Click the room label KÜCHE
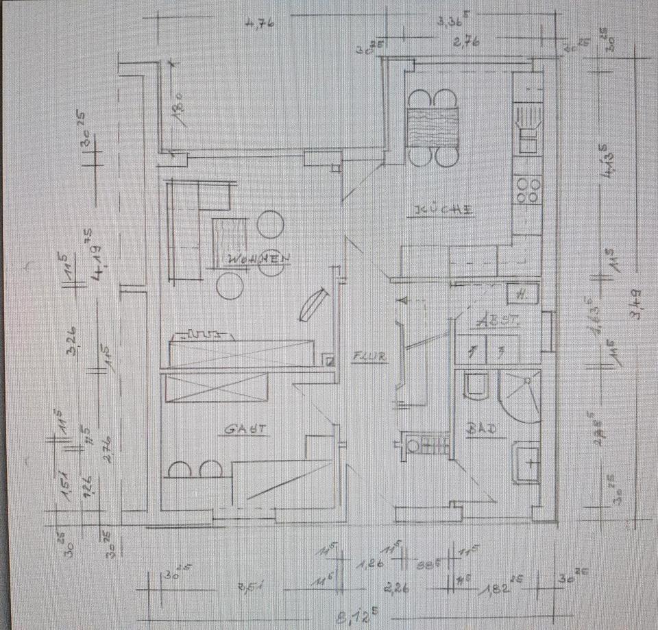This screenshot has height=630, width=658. pyautogui.click(x=439, y=210)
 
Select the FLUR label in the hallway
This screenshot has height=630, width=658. pyautogui.click(x=370, y=356)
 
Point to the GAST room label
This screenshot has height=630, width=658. pyautogui.click(x=245, y=430)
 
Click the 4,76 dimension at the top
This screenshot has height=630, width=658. pyautogui.click(x=259, y=23)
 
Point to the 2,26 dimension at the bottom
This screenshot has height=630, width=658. pyautogui.click(x=398, y=587)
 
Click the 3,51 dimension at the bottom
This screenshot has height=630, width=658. pyautogui.click(x=250, y=587)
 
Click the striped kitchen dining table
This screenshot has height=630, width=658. pyautogui.click(x=432, y=128)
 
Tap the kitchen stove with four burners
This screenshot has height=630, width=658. pyautogui.click(x=528, y=189)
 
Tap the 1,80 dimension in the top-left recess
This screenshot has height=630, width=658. pyautogui.click(x=177, y=110)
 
